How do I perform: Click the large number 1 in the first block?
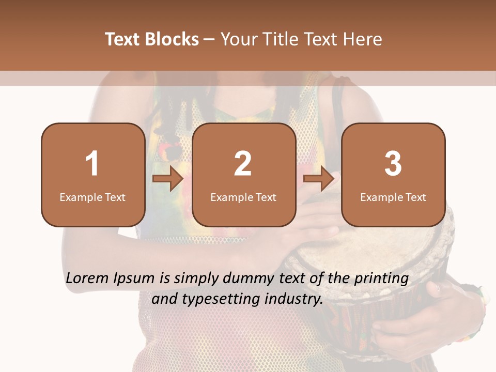click(92, 164)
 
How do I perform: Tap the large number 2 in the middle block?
click(243, 164)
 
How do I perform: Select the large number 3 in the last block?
click(393, 164)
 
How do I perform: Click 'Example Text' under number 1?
click(92, 197)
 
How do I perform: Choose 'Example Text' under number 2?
click(243, 197)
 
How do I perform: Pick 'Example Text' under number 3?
click(393, 197)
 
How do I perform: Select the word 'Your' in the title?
click(239, 39)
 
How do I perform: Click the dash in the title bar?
click(209, 39)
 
